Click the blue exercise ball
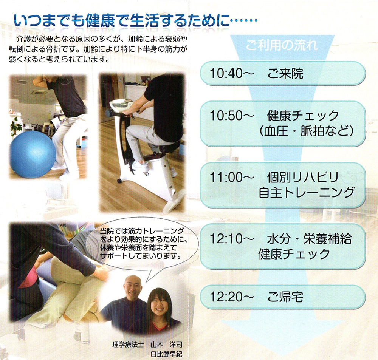tap(33, 154)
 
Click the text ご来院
tap(285, 73)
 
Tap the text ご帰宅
tap(285, 297)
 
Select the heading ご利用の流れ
tap(282, 45)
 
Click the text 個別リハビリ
tap(303, 177)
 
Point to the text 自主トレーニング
tap(307, 193)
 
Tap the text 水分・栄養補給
tap(309, 239)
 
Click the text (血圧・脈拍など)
tap(307, 131)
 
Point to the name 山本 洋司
tap(166, 345)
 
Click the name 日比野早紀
tap(166, 354)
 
